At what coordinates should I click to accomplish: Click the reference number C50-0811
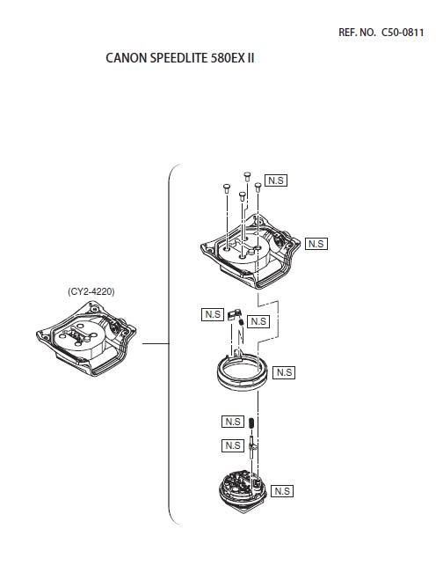click(x=403, y=33)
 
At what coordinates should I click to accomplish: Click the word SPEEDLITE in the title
click(x=178, y=58)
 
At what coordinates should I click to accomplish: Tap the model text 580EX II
click(x=232, y=58)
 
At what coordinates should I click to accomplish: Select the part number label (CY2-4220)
click(x=91, y=291)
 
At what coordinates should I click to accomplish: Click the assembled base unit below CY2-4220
click(x=86, y=338)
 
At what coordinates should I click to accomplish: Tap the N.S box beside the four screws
click(x=276, y=180)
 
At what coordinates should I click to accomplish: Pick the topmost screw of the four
click(x=247, y=176)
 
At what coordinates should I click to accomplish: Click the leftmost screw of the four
click(x=226, y=188)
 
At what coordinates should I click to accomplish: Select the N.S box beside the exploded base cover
click(x=316, y=244)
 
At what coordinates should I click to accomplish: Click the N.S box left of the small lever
click(x=213, y=314)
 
